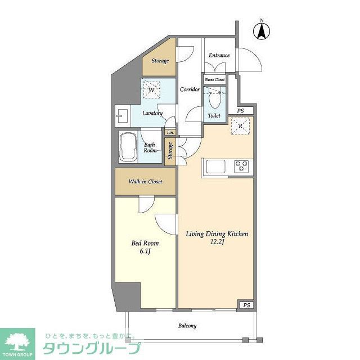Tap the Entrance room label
[219, 55]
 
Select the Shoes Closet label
[214, 80]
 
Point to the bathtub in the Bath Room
[128, 147]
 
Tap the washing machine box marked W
[151, 89]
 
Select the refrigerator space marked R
[241, 127]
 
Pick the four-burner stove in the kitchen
[242, 166]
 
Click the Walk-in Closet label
[145, 182]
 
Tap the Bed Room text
[145, 244]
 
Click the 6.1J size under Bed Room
[145, 251]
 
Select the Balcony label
[187, 326]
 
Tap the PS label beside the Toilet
[240, 111]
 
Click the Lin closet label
[169, 133]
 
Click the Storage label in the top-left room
[160, 61]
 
